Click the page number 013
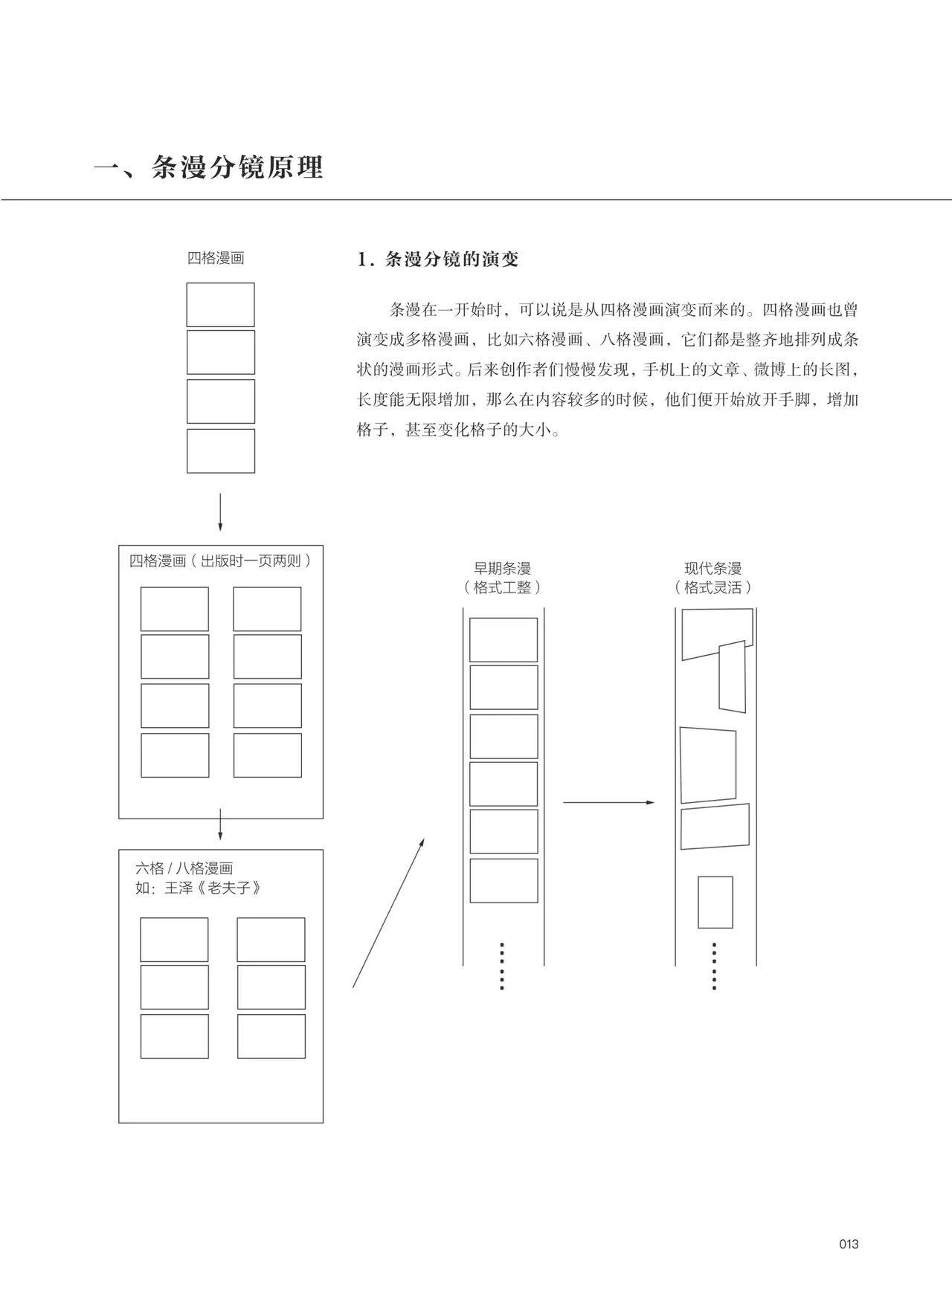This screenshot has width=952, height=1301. (x=849, y=1244)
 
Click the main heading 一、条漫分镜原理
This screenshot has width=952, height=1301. (x=209, y=167)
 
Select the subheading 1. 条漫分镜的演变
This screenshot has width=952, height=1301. (x=438, y=259)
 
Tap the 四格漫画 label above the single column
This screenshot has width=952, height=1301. (x=216, y=258)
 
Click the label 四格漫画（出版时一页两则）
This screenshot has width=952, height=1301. (x=220, y=561)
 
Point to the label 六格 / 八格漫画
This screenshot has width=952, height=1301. (x=184, y=868)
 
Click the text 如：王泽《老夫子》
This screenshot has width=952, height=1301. (x=198, y=888)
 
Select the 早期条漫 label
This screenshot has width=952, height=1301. (x=503, y=569)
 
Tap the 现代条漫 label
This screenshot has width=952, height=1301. (x=713, y=569)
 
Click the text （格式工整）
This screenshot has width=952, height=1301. (x=503, y=587)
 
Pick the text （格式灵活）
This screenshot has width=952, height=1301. (x=713, y=587)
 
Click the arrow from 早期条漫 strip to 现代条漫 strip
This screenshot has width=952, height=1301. (x=608, y=802)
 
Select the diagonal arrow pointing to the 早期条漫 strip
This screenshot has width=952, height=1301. (x=388, y=913)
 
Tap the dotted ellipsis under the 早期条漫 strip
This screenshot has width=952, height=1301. (x=502, y=966)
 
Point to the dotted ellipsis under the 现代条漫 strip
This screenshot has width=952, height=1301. (x=714, y=966)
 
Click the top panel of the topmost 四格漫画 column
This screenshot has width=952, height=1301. (x=220, y=305)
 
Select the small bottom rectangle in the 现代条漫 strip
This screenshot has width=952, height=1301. (x=715, y=903)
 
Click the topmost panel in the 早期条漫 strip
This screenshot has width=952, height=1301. (x=504, y=640)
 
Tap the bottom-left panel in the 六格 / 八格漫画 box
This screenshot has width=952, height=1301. (x=175, y=1036)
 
